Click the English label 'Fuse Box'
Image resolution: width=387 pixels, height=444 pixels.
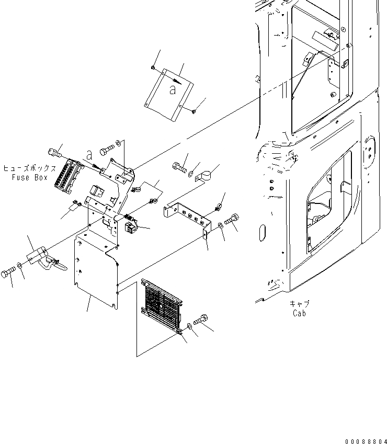tap(30, 177)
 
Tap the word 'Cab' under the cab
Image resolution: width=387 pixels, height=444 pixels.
tap(299, 313)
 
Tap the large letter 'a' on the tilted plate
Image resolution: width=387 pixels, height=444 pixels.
tap(173, 90)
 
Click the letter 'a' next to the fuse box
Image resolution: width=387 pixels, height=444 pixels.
tap(89, 155)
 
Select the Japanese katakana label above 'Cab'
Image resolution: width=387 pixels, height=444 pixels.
tap(299, 304)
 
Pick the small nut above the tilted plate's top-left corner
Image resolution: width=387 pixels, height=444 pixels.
tap(151, 67)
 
